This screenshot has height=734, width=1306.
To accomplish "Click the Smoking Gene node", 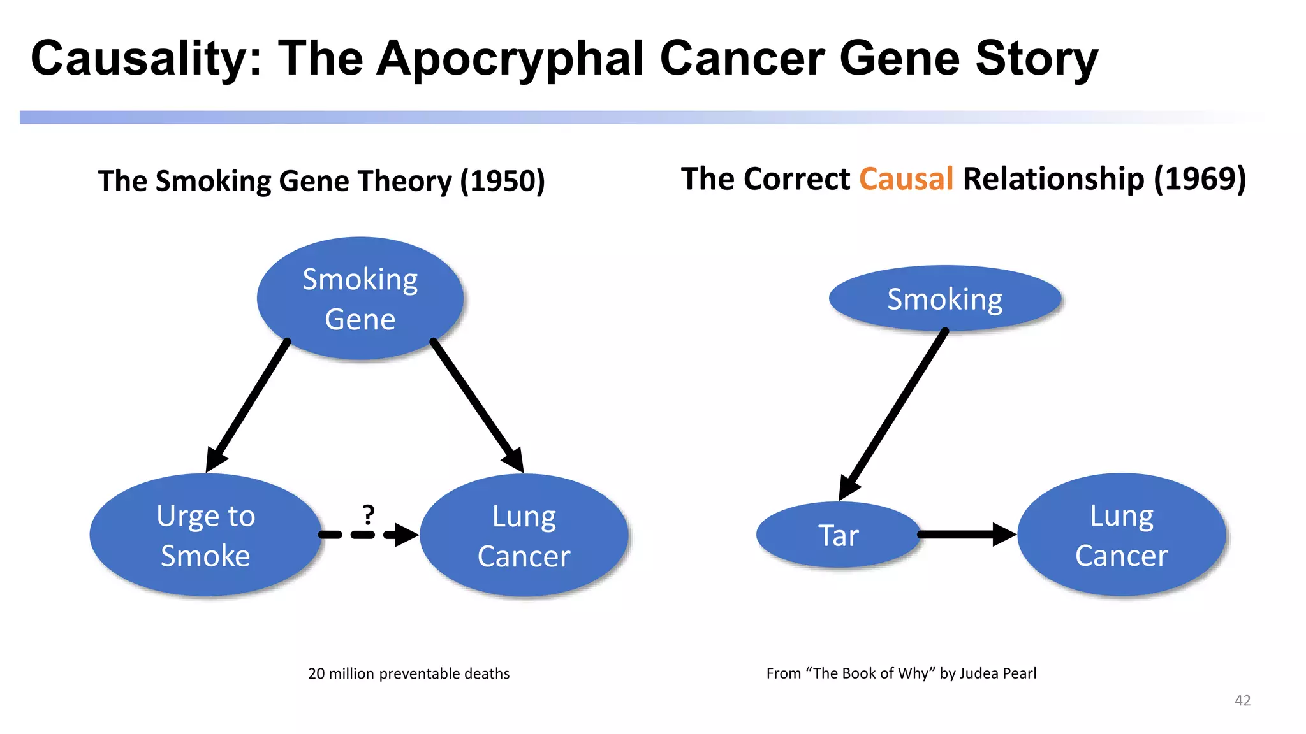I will pos(360,298).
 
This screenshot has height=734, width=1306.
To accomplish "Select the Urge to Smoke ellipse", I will pos(205,535).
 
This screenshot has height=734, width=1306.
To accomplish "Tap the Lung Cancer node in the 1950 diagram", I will pos(524,535).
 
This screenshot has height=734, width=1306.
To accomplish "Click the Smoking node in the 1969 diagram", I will pos(945,298).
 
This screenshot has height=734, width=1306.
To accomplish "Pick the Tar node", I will pos(839,535).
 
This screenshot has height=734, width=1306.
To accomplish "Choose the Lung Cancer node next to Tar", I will pos(1122,535).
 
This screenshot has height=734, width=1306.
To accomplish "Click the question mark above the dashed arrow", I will pos(369,514).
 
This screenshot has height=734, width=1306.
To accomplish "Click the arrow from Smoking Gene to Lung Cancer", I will pos(475,404).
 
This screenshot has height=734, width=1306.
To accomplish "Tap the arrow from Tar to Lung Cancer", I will pos(966,535).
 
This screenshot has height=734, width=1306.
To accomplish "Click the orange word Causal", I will pos(906,179).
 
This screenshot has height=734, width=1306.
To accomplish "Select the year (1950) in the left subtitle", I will pos(503,181).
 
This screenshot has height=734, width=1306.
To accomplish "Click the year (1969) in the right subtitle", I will pos(1200,179).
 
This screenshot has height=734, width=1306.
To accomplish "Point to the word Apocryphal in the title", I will pos(510,59).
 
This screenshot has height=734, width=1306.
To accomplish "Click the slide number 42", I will pos(1242,700).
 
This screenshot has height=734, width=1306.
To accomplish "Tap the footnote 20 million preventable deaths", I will pos(409,673).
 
